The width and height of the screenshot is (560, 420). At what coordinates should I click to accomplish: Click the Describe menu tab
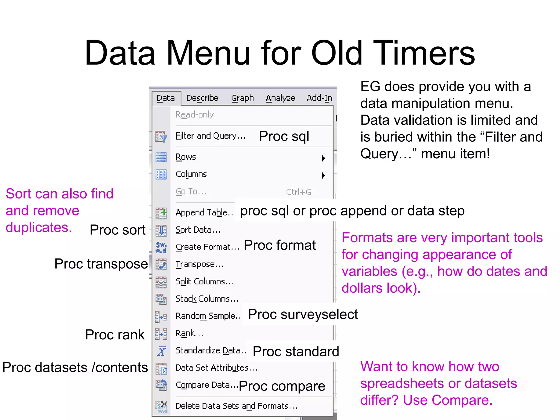click(202, 98)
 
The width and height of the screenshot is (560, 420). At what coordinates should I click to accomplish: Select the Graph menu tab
click(242, 98)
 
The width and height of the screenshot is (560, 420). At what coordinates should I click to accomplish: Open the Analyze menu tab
click(281, 98)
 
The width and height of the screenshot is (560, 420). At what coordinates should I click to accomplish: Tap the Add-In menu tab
click(319, 98)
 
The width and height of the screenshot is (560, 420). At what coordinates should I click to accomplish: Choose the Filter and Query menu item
click(210, 136)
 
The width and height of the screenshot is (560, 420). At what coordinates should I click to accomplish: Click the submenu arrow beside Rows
click(323, 158)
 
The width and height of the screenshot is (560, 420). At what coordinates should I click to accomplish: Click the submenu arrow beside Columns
click(323, 175)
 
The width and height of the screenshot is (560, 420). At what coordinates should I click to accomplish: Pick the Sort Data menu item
click(198, 230)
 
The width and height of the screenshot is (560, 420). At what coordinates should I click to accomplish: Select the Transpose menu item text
click(199, 264)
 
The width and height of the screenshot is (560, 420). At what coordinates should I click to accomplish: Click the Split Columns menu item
click(204, 282)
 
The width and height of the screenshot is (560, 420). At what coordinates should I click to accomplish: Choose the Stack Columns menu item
click(207, 299)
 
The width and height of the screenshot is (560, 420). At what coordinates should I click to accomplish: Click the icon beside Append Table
click(161, 213)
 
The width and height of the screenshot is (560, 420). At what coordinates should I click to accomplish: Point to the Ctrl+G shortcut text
click(299, 192)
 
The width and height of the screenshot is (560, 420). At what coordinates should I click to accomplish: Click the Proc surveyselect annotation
click(303, 314)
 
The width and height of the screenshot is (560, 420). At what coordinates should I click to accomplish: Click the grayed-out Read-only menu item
click(194, 115)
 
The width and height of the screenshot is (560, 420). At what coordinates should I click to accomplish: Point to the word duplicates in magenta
click(39, 228)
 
